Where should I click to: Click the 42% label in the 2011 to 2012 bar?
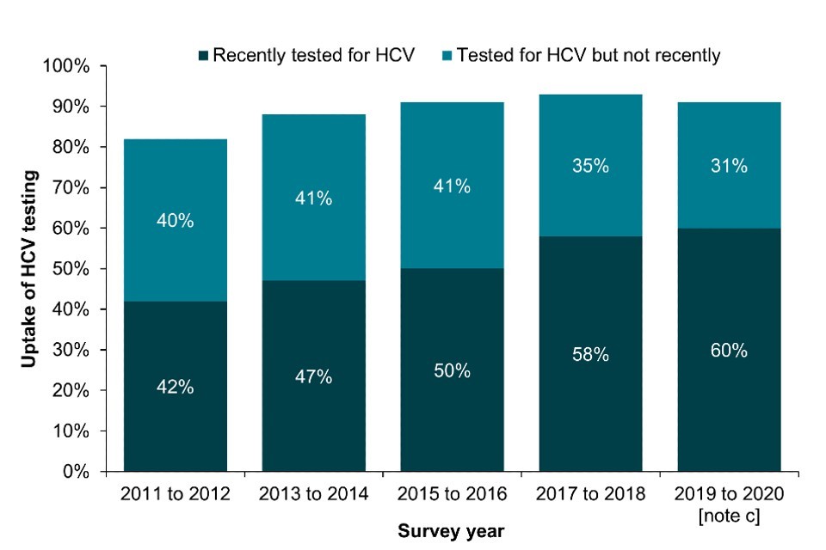tap(175, 387)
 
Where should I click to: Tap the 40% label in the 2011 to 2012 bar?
tap(175, 221)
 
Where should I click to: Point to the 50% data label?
tap(452, 370)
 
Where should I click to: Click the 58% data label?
tap(590, 354)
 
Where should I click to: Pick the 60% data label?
tap(729, 351)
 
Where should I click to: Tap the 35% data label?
tap(590, 167)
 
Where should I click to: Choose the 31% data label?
tap(729, 167)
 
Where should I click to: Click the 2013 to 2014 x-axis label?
tap(313, 495)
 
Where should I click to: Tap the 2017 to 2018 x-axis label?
tap(590, 495)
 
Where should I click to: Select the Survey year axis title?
tap(451, 531)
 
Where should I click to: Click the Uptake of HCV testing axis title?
tap(29, 269)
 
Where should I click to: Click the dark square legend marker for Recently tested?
tap(203, 56)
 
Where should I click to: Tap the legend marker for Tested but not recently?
tap(447, 56)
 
